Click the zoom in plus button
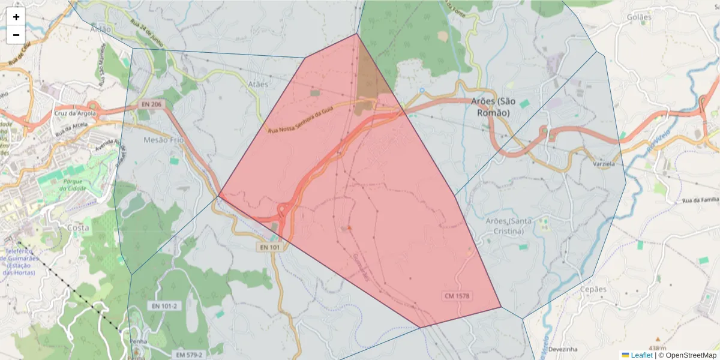tap(16, 17)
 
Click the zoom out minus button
tap(16, 35)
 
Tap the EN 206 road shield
tap(151, 104)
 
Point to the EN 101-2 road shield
tap(164, 306)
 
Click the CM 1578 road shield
tap(457, 296)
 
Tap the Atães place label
tap(258, 84)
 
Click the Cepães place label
tap(593, 289)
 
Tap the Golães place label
tap(639, 17)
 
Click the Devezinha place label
tap(562, 349)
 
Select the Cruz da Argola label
tap(75, 113)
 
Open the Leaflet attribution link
tap(641, 355)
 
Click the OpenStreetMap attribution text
tap(691, 355)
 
